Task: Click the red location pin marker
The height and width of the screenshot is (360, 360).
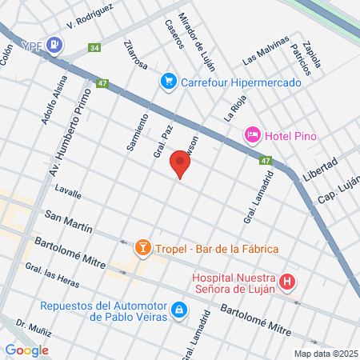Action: (181, 165)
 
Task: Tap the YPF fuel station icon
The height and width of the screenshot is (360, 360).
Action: (54, 44)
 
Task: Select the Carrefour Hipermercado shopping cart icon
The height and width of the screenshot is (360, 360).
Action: (168, 81)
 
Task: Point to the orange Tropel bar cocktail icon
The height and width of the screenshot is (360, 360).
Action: (143, 247)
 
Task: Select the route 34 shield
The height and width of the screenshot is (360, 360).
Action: (95, 49)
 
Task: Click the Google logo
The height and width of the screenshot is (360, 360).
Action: (26, 350)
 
